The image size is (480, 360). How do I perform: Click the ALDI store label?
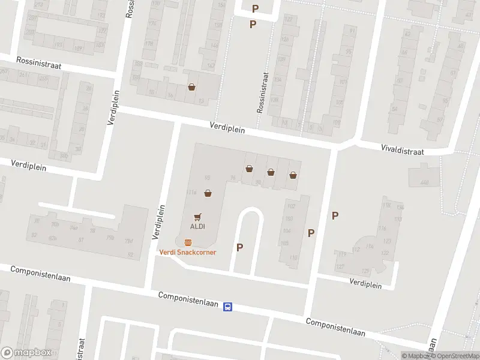[x=198, y=226]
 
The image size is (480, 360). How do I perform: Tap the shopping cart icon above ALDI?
[x=198, y=217]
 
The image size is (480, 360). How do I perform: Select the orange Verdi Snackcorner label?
[x=187, y=252]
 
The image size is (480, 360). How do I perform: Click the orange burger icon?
[x=188, y=242]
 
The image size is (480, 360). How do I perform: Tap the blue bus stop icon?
[x=228, y=307]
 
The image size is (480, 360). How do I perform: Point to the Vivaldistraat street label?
[x=403, y=150]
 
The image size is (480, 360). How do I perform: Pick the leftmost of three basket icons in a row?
[x=249, y=169]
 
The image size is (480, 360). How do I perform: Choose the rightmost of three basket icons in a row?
[x=293, y=175]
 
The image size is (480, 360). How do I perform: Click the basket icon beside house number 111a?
[x=208, y=193]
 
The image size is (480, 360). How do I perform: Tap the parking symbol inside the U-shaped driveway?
[x=240, y=247]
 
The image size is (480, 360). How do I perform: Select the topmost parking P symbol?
[x=256, y=8]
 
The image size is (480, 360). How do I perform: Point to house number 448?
[x=425, y=182]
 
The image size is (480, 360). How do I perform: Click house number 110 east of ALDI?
[x=293, y=257]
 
